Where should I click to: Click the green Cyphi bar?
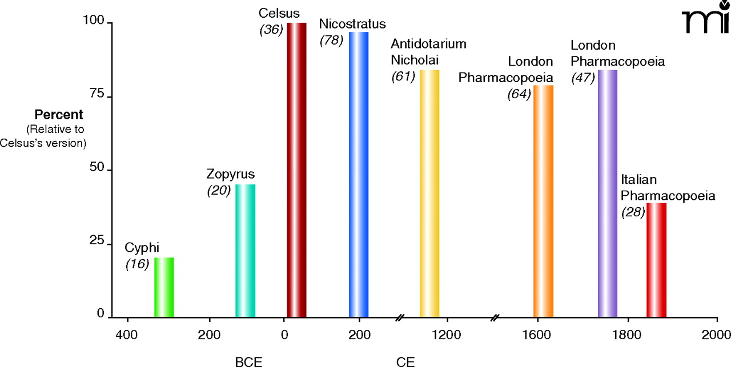coord(164,287)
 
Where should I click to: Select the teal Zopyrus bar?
coord(245,251)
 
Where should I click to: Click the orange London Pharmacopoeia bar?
coord(543,200)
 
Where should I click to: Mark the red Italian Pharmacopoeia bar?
coord(656,260)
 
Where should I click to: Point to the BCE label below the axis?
coord(250,361)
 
